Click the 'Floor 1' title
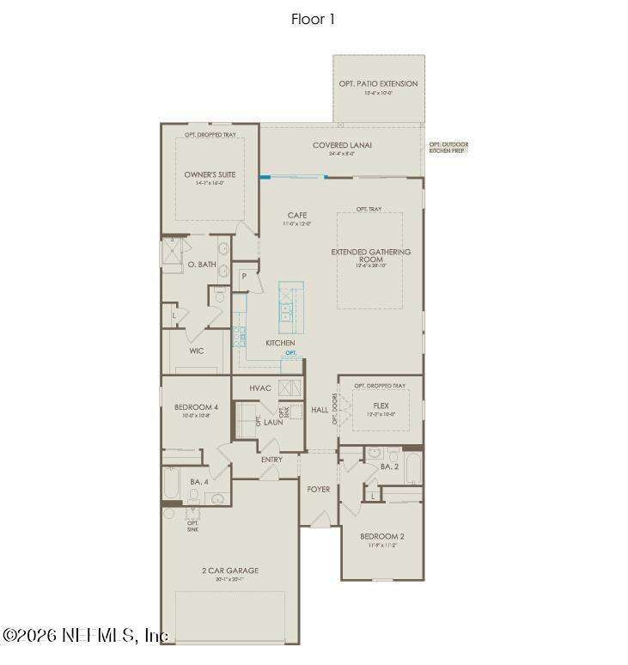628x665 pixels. point(313,19)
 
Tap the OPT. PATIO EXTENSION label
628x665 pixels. point(378,84)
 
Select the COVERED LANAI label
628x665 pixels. point(342,145)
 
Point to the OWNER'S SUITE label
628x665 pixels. point(210,174)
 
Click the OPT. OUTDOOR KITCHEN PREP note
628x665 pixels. point(448,147)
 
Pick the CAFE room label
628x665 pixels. point(296,215)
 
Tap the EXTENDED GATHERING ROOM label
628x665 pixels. point(371,256)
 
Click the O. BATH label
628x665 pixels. point(202,265)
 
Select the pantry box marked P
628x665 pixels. point(244,277)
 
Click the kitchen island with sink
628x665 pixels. point(290,306)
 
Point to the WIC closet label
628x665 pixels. point(197,351)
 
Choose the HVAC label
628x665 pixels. point(260,388)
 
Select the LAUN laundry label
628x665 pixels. point(273,422)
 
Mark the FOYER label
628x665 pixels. point(319,489)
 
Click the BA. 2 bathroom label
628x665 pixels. point(389,467)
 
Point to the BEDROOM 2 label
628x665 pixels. point(382,536)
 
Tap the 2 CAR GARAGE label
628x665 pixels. point(230,570)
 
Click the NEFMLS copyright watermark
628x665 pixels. point(86,635)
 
